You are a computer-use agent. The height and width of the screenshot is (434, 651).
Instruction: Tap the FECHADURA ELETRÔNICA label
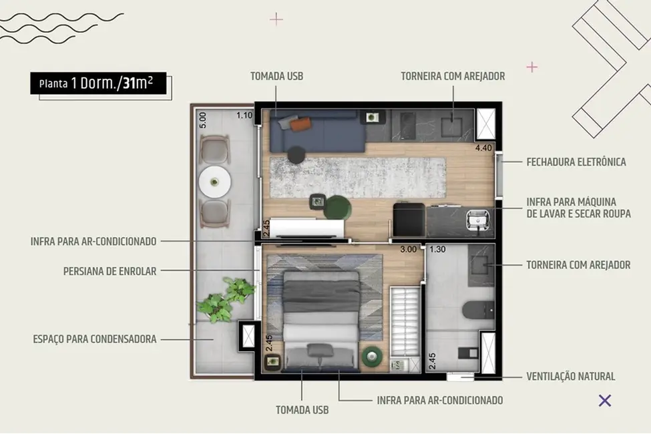tap(576, 162)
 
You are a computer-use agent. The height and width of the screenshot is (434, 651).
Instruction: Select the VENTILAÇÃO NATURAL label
tap(570, 377)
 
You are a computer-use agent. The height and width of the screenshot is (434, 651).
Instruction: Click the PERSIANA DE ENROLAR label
tap(110, 271)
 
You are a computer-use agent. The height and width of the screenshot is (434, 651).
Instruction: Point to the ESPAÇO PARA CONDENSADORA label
tap(95, 339)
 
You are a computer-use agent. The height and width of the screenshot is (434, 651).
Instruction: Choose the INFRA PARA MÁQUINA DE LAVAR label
tap(578, 208)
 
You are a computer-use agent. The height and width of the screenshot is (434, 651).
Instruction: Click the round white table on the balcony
tap(214, 180)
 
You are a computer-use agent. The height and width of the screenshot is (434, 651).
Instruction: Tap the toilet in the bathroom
tap(479, 309)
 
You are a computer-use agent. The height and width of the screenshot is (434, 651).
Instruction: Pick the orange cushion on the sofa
tap(302, 124)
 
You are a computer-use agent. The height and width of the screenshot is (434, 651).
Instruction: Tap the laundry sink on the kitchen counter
tap(478, 217)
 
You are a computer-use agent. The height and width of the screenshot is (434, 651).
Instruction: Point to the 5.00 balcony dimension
tap(203, 120)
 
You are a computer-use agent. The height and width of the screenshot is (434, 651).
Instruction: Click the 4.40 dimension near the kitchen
tap(483, 148)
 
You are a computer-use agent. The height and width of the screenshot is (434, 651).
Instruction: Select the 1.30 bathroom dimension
tap(437, 250)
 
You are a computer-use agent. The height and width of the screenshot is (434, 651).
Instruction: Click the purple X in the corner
tap(605, 401)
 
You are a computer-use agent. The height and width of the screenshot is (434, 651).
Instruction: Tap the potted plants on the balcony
tap(224, 300)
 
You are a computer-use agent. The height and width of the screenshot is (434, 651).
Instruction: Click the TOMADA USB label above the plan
tap(276, 76)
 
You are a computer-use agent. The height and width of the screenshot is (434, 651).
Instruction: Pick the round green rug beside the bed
tap(371, 358)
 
